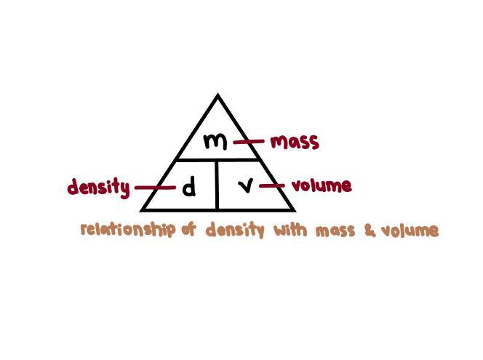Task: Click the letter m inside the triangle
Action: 215,140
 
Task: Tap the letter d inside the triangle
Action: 189,188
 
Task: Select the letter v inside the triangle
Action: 247,186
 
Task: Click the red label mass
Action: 295,141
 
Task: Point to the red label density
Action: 98,188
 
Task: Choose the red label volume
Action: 322,185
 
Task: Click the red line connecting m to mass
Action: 248,142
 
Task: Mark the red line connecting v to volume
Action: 271,185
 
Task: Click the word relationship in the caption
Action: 128,230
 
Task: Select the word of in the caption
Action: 189,230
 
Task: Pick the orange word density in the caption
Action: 234,231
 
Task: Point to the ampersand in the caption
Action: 370,231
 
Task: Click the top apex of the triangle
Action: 217,95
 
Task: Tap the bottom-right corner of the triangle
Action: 293,209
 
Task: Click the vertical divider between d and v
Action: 217,185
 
